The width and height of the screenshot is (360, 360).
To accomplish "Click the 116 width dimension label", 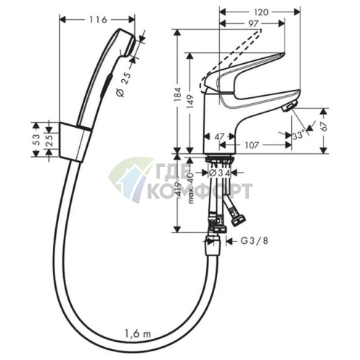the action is point(98,20).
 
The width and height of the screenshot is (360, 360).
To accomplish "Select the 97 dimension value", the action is point(253,23).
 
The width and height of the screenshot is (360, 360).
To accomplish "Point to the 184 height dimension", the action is point(178,94).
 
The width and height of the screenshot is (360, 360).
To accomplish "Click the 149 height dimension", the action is point(191,101).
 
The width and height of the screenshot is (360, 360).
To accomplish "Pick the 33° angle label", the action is point(298,135).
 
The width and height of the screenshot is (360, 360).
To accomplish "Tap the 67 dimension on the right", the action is point(324,126).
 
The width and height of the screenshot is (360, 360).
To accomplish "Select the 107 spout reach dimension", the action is point(252,145).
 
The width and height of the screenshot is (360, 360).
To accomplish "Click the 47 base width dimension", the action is point(219,136).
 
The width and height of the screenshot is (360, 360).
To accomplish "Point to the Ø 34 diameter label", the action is point(219,172).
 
